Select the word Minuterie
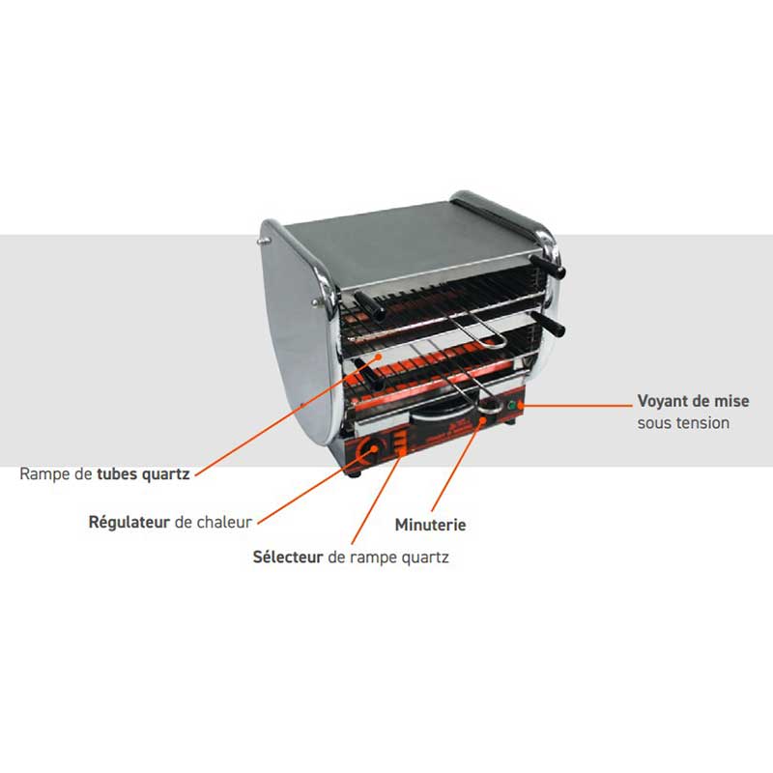430,525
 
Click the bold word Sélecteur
288,558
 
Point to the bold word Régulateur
129,522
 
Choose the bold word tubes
117,474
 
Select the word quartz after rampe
425,558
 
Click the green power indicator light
511,406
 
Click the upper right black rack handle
548,267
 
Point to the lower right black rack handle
548,324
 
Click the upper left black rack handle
369,305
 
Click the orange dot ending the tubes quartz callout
379,356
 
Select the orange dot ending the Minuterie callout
482,420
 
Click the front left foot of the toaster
356,473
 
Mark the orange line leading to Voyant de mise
576,406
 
